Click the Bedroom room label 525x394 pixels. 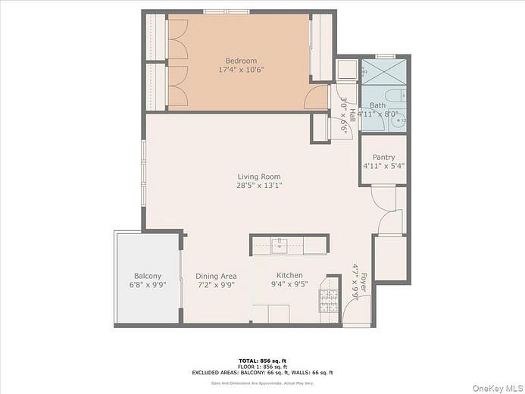pyautogui.click(x=241, y=61)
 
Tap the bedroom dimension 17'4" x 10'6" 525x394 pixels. pyautogui.click(x=241, y=70)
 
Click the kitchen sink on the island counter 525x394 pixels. pyautogui.click(x=280, y=244)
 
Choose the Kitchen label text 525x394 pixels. pyautogui.click(x=289, y=276)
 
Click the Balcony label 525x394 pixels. pyautogui.click(x=148, y=276)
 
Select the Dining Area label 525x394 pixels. pyautogui.click(x=217, y=276)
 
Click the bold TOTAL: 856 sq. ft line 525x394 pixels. pyautogui.click(x=262, y=361)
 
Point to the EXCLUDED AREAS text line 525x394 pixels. pyautogui.click(x=262, y=372)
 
